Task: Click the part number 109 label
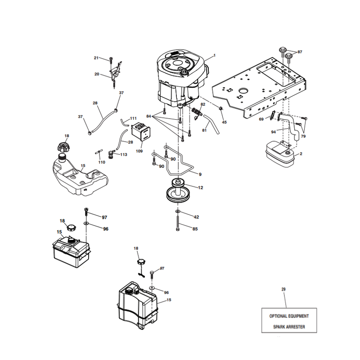point(139,151)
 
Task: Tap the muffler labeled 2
point(280,154)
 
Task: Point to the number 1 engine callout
point(215,55)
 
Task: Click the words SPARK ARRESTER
point(289,327)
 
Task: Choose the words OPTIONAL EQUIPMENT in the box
point(289,316)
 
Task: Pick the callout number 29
point(283,289)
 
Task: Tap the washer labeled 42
point(178,211)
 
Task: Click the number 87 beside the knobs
point(300,52)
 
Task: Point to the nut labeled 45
point(221,108)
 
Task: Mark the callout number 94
point(274,132)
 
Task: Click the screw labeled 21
point(111,60)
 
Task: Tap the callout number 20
point(97,74)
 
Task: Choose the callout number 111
point(133,118)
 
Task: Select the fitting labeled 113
point(111,154)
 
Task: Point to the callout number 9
point(200,175)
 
